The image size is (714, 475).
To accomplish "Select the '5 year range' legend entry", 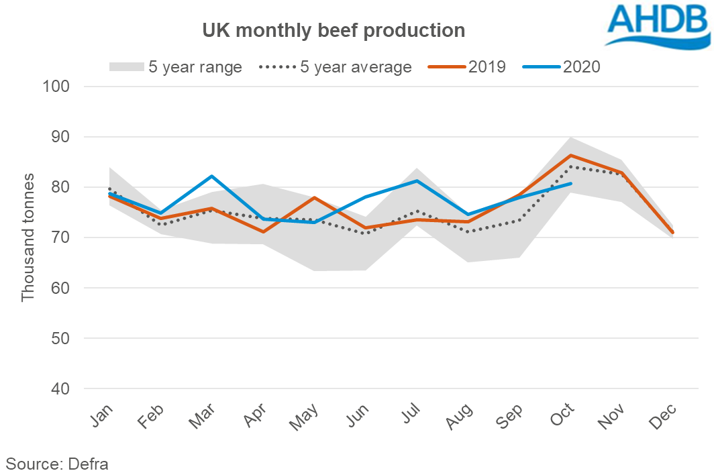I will click(175, 67).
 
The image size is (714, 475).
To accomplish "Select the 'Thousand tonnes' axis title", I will click(28, 237).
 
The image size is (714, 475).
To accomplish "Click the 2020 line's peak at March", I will click(213, 176).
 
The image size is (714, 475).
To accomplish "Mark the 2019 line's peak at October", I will click(570, 156).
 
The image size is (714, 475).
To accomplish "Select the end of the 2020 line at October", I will click(570, 183).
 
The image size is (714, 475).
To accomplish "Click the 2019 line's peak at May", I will click(315, 198).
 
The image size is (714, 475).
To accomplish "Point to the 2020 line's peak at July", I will click(417, 180).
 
